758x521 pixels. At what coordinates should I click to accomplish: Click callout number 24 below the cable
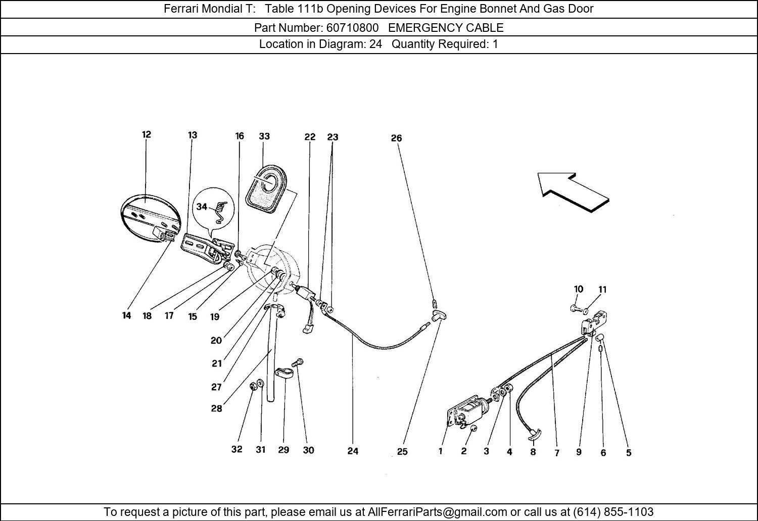pos(353,451)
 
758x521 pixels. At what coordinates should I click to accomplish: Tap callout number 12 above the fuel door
pos(146,134)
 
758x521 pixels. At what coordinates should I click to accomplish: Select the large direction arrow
pos(573,192)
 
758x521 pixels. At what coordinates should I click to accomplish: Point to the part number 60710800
pos(352,27)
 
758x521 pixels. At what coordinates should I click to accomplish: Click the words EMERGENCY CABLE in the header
pos(446,27)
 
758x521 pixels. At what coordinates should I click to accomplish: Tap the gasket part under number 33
pos(266,188)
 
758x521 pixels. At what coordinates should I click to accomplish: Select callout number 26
pos(396,138)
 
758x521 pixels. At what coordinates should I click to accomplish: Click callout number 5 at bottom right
pos(629,453)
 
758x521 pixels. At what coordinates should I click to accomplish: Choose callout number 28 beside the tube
pos(217,408)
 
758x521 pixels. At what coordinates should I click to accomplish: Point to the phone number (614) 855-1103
pos(613,511)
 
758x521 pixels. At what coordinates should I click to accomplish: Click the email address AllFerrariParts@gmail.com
pos(437,511)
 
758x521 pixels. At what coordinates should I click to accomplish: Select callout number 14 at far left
pos(126,315)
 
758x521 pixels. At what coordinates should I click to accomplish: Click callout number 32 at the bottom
pos(237,449)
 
